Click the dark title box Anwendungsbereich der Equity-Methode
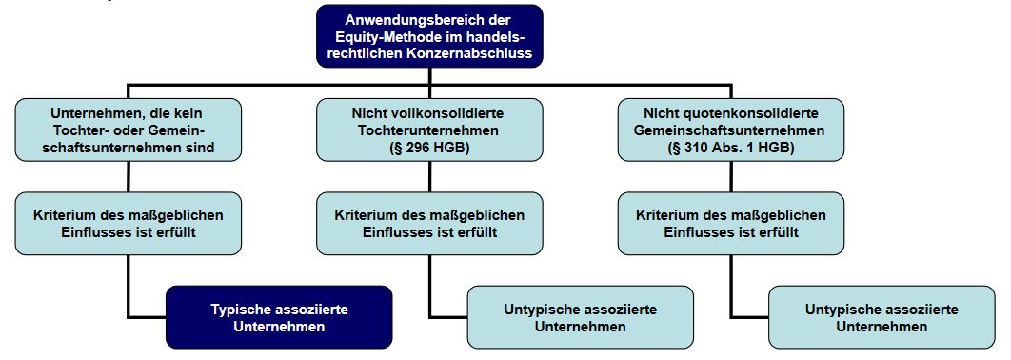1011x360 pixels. (429, 35)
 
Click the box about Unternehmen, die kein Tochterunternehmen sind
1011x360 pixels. (128, 130)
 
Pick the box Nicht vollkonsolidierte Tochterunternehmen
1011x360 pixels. (429, 130)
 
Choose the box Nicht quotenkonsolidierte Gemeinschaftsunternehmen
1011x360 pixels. (731, 130)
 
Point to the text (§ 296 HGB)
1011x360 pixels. (430, 148)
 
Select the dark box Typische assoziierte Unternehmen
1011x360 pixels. (279, 317)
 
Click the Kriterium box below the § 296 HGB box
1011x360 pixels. (429, 224)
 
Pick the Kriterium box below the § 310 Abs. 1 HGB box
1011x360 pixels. (731, 224)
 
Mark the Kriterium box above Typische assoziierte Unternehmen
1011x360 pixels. (128, 224)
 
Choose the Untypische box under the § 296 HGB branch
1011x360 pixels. (580, 317)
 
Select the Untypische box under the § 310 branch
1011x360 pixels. (882, 317)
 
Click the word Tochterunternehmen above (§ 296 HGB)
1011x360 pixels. (430, 130)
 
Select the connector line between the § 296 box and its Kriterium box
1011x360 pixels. (430, 176)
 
